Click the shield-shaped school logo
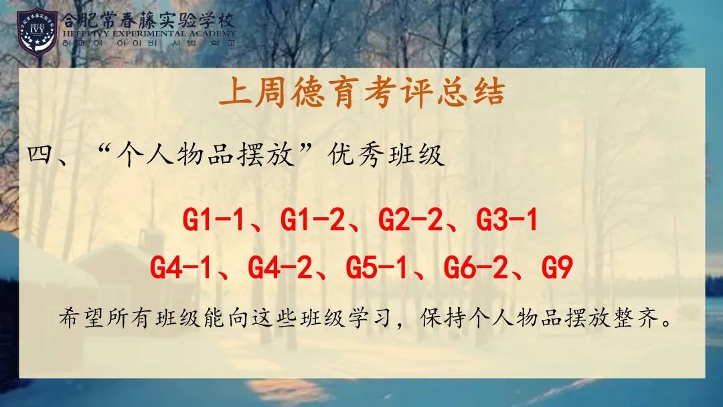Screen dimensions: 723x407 pyautogui.click(x=37, y=32)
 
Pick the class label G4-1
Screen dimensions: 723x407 pyautogui.click(x=181, y=268)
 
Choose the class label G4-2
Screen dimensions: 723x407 pyautogui.click(x=279, y=268)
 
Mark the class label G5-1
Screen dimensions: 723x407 pyautogui.click(x=377, y=268)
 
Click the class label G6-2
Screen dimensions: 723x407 pyautogui.click(x=475, y=268)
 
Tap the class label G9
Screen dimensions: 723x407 pyautogui.click(x=557, y=268)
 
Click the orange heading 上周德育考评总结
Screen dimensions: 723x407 pyautogui.click(x=362, y=92)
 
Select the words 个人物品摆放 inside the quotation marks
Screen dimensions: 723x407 pyautogui.click(x=206, y=154)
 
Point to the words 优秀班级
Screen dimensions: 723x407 pyautogui.click(x=386, y=154)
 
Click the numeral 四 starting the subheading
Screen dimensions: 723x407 pyautogui.click(x=42, y=154)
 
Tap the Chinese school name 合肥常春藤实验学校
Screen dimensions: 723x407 pyautogui.click(x=149, y=20)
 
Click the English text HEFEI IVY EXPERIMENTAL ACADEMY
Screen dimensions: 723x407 pyautogui.click(x=149, y=34)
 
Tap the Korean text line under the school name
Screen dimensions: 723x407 pyautogui.click(x=149, y=43)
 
